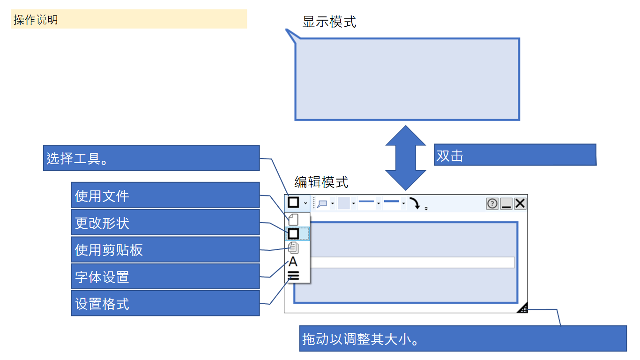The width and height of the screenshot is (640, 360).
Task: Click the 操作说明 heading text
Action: [36, 20]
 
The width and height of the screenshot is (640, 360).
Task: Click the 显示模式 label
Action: [329, 22]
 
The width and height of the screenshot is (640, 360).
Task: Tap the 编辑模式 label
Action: [321, 182]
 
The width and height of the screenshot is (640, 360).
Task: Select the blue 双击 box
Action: [514, 155]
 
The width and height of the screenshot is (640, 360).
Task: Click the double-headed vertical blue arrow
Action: [405, 157]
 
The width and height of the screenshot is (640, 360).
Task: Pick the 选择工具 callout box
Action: [151, 158]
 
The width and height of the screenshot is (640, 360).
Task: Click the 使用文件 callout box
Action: [165, 195]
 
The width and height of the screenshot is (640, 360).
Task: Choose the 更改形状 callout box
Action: [165, 223]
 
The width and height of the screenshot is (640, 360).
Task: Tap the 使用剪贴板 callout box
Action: [165, 250]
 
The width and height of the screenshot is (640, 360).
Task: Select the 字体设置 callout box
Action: [165, 277]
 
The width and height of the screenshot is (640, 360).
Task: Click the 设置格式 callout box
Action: [165, 304]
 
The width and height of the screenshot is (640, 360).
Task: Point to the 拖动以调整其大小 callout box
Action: [462, 338]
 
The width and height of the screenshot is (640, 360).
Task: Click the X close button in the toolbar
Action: [520, 203]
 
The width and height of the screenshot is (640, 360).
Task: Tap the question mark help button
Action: [492, 203]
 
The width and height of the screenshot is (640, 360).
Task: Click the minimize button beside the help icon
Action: [506, 203]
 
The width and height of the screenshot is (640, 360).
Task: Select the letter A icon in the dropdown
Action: [293, 262]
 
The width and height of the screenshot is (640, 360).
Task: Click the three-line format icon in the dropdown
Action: [293, 276]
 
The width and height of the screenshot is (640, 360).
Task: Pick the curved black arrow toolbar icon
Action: [415, 203]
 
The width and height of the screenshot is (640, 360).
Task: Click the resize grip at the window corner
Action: [523, 308]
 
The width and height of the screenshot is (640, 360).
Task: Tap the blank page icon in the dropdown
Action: [293, 219]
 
